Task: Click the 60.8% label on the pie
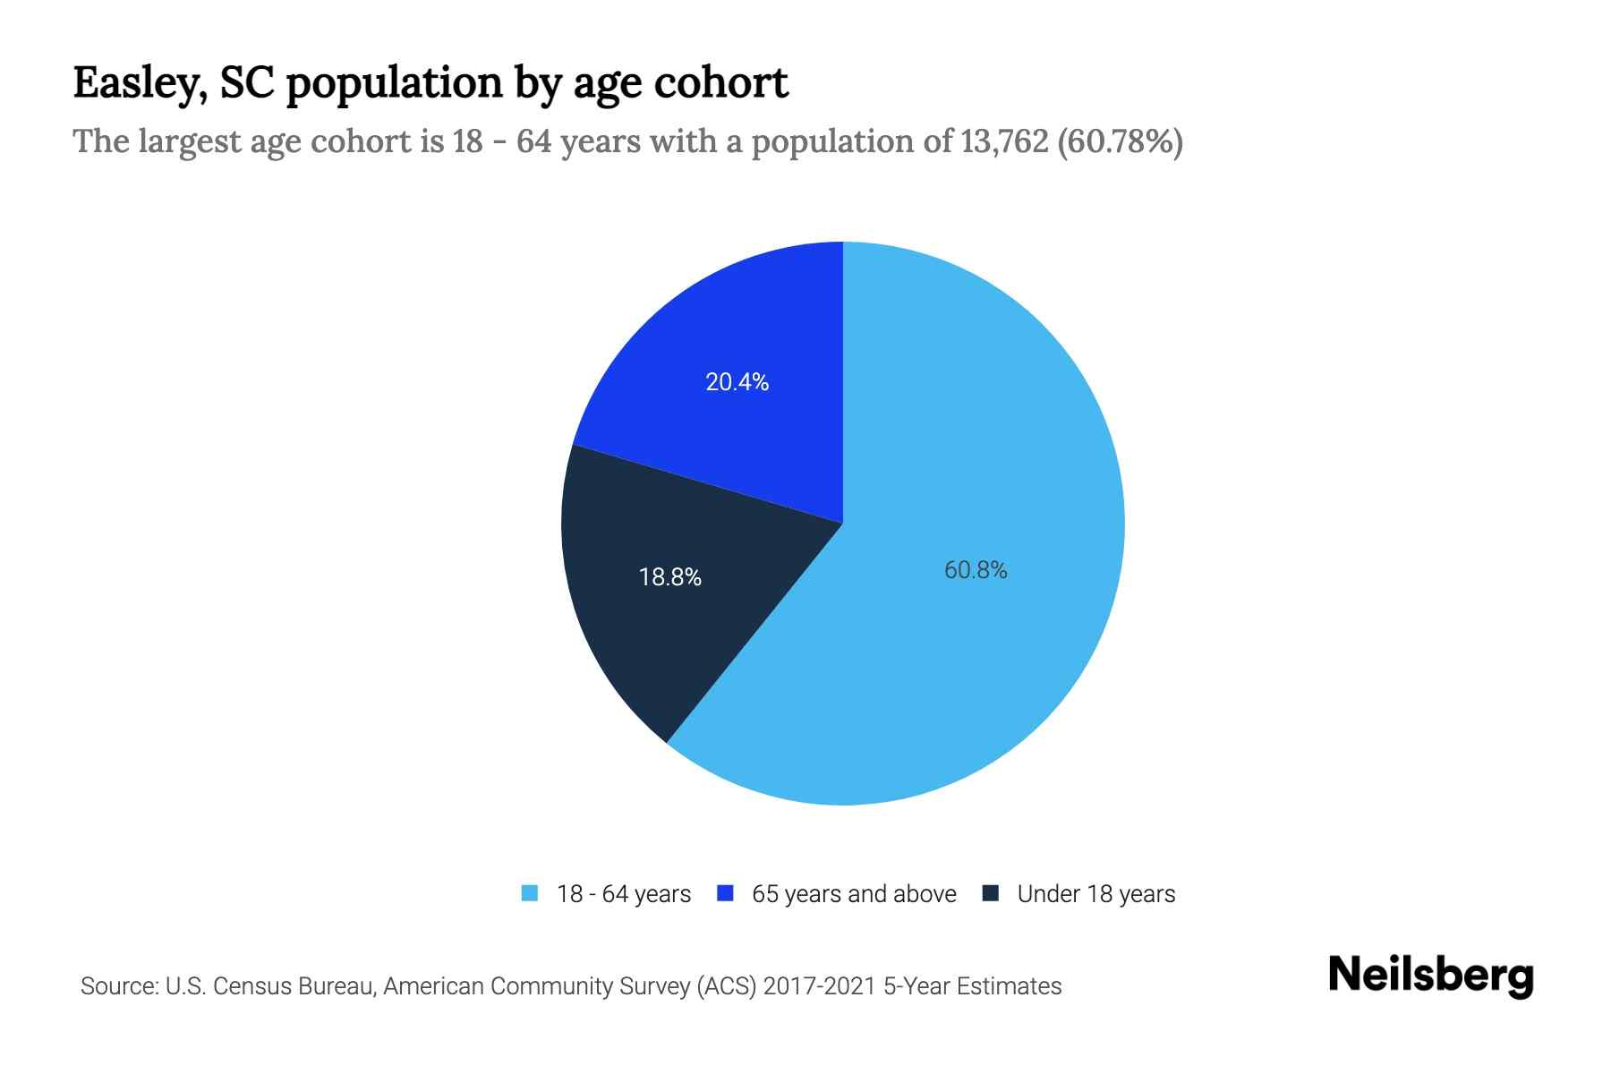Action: pyautogui.click(x=976, y=570)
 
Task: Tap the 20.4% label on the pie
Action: pyautogui.click(x=737, y=382)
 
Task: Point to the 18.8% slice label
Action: pyautogui.click(x=669, y=577)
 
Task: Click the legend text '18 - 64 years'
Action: pyautogui.click(x=624, y=894)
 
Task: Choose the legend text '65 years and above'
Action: pyautogui.click(x=854, y=894)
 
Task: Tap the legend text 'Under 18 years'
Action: pyautogui.click(x=1096, y=894)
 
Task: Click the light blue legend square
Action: pyautogui.click(x=530, y=893)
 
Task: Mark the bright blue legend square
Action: pyautogui.click(x=726, y=893)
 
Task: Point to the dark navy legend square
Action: pyautogui.click(x=991, y=893)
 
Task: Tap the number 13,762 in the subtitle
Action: pyautogui.click(x=1004, y=141)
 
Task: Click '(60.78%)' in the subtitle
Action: pyautogui.click(x=1121, y=141)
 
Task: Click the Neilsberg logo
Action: pyautogui.click(x=1430, y=976)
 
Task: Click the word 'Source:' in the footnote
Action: pyautogui.click(x=119, y=986)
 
